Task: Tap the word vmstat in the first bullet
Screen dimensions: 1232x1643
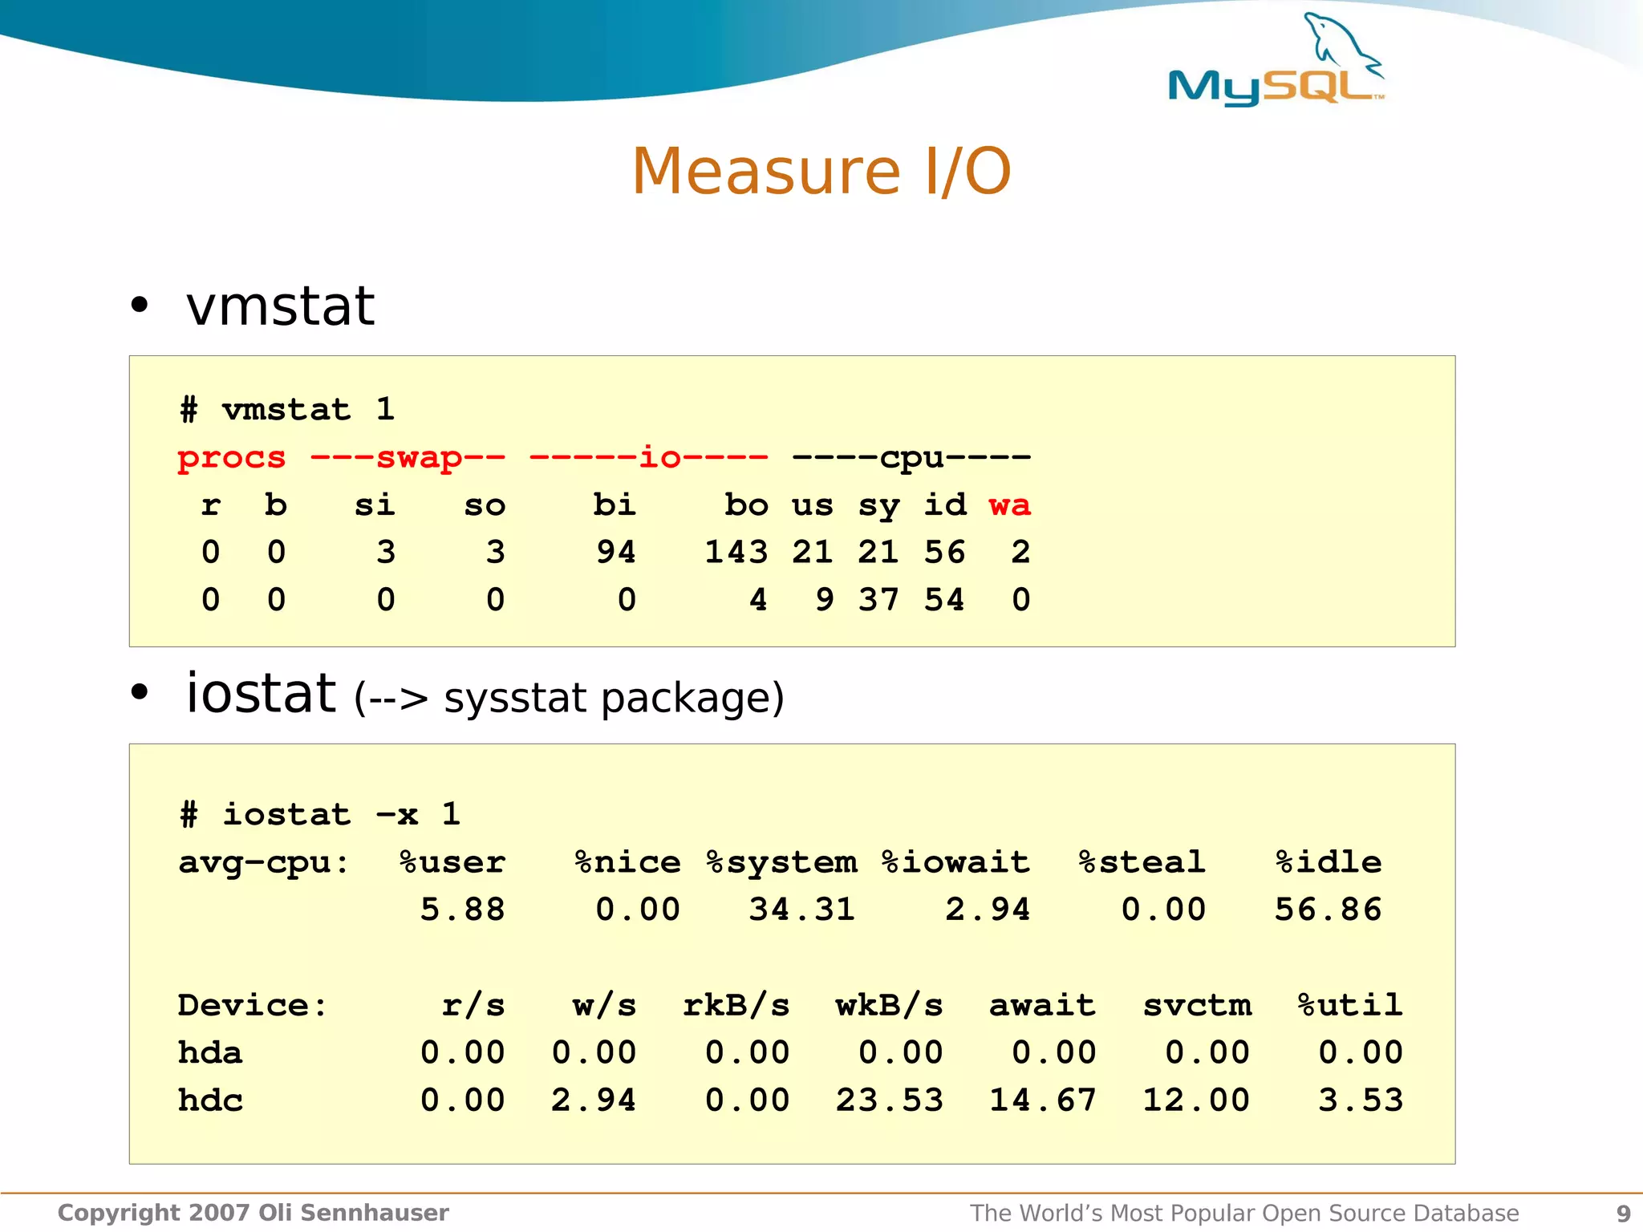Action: pos(280,306)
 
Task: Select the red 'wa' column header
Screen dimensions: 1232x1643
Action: pos(1009,505)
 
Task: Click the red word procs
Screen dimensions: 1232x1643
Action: pos(231,458)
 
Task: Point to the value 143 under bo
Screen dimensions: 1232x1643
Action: pos(736,553)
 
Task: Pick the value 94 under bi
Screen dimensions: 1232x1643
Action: pos(615,553)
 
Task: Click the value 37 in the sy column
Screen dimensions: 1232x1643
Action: pos(878,600)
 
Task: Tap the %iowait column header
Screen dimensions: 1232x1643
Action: pos(955,862)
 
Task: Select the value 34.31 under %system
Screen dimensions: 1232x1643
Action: pos(801,910)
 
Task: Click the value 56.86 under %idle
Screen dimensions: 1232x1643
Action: pos(1328,910)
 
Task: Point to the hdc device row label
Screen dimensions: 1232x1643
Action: pos(210,1100)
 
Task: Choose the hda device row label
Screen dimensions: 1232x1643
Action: pos(209,1052)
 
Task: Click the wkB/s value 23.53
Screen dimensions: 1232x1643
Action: pos(889,1100)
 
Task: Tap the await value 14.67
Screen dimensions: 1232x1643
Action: pos(1042,1100)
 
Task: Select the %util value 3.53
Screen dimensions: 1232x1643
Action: pos(1361,1100)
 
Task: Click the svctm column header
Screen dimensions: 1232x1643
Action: pos(1196,1005)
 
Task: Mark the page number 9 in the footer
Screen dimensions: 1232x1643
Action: pos(1623,1214)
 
